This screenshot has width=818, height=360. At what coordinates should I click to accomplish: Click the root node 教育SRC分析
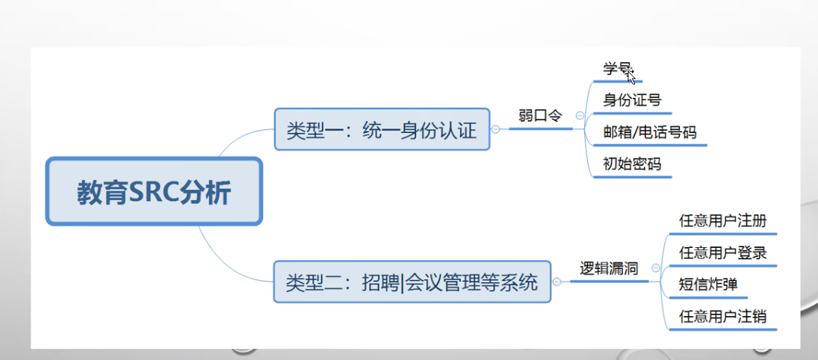[154, 191]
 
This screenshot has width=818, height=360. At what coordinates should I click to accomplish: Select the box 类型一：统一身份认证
[382, 129]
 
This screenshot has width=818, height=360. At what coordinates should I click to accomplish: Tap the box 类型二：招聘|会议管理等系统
[412, 282]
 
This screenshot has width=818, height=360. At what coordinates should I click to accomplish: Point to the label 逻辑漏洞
[609, 268]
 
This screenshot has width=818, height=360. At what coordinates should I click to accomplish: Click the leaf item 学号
[616, 69]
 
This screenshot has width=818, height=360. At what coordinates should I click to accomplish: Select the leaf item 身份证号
[632, 100]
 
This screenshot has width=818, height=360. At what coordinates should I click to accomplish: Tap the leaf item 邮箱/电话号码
[649, 132]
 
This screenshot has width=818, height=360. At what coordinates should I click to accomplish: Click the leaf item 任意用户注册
[722, 221]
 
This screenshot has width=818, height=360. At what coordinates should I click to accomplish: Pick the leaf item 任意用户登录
[722, 252]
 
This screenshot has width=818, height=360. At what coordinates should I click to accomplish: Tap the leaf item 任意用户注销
[722, 316]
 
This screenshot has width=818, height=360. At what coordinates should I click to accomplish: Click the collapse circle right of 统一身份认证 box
[495, 129]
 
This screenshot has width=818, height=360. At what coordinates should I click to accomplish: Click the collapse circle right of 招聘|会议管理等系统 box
[556, 282]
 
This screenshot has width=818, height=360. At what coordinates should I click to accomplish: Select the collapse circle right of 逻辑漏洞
[655, 268]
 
